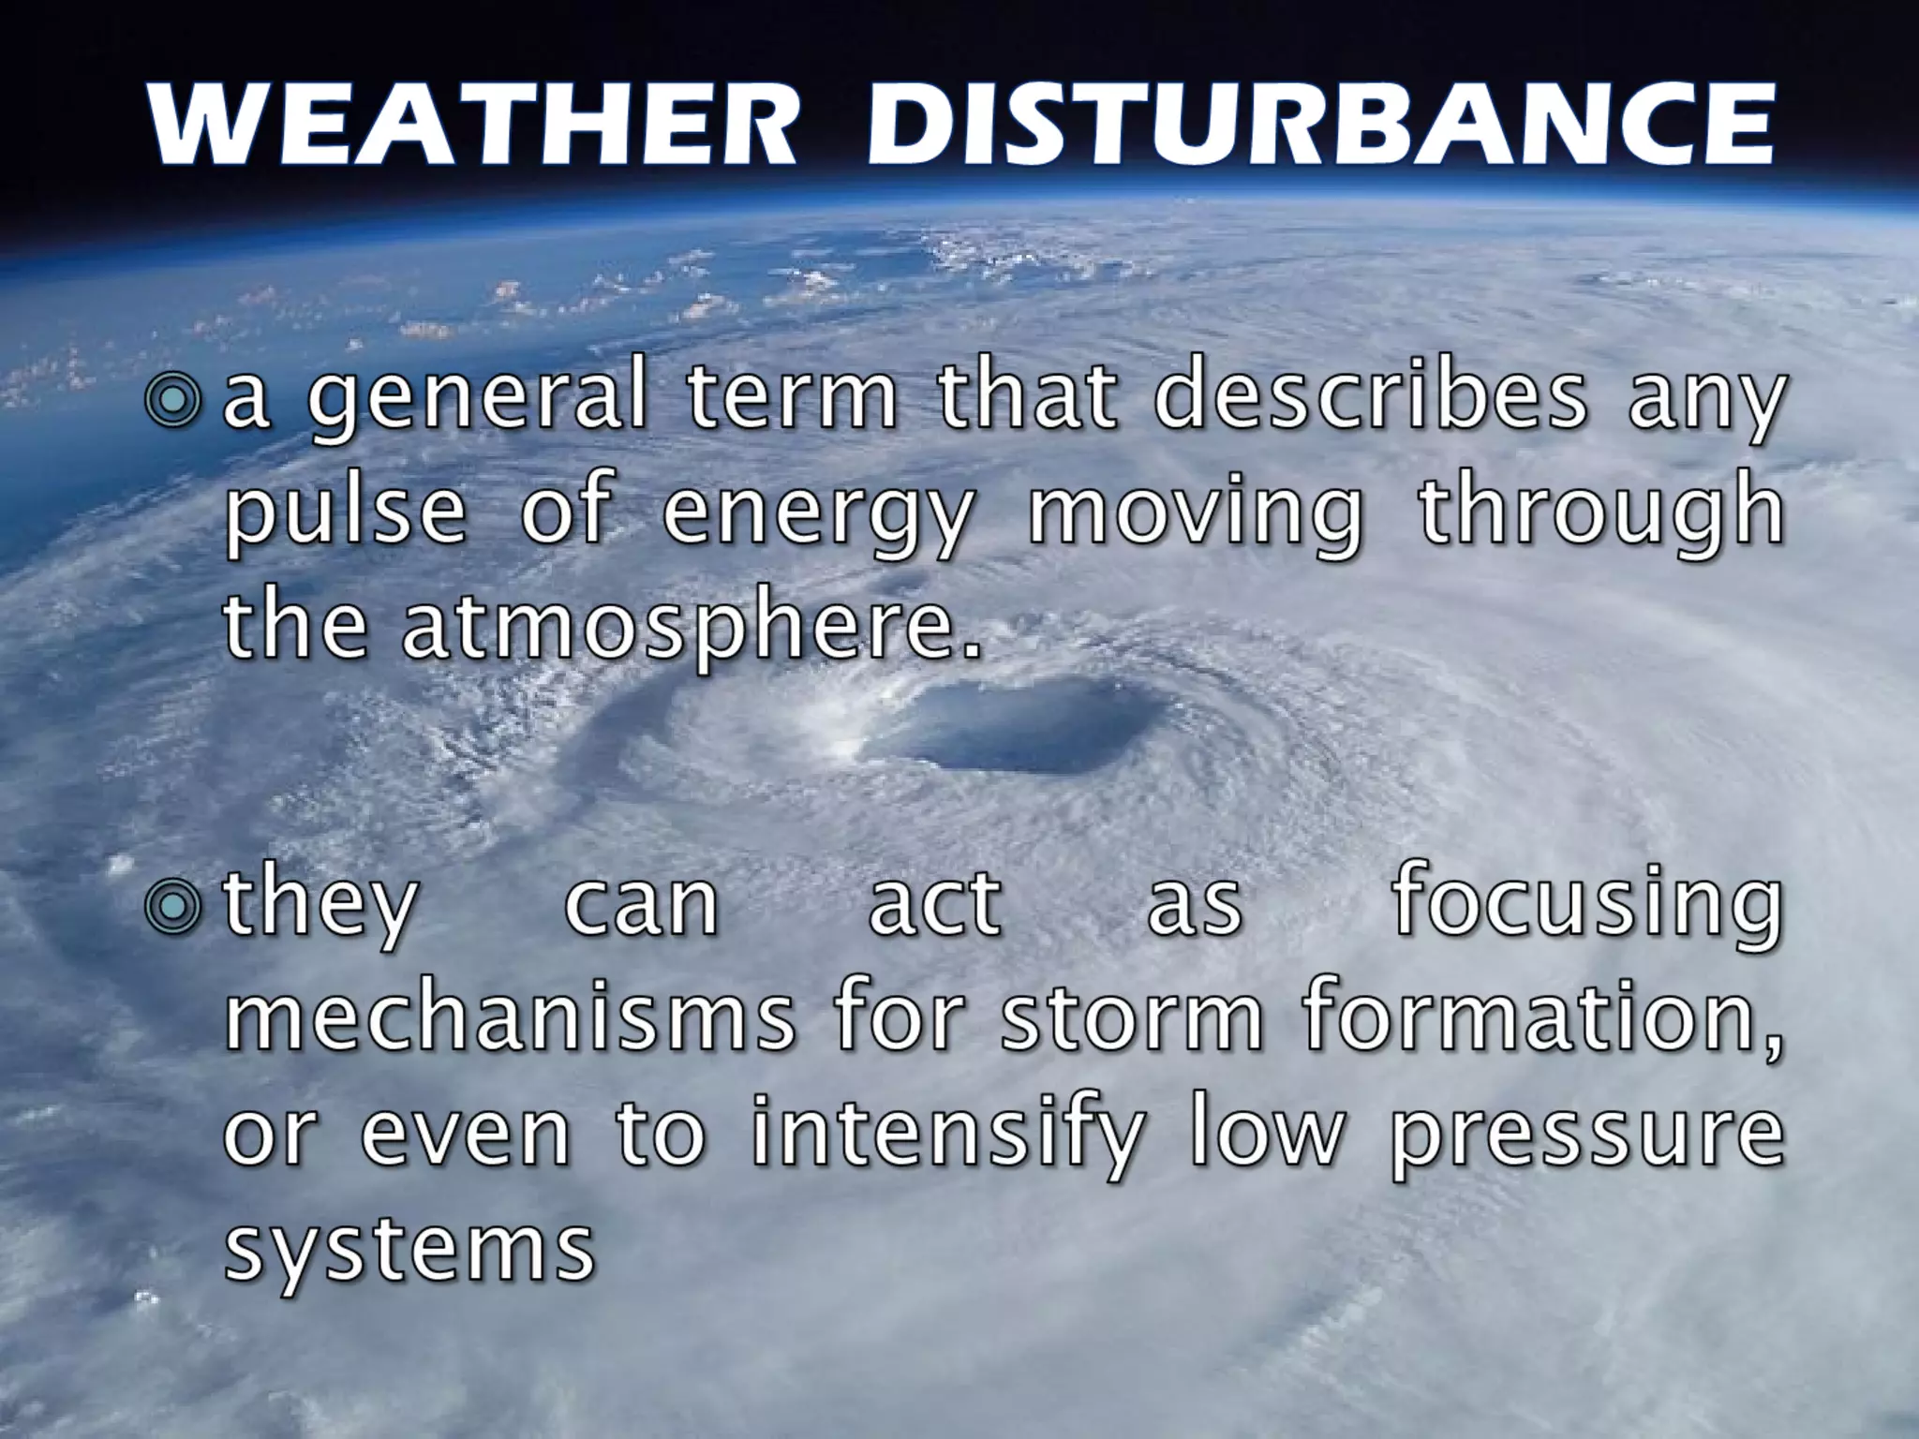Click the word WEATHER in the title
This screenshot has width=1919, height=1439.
(472, 126)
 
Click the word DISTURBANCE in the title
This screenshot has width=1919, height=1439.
(1319, 126)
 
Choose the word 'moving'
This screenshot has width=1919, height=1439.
(1196, 517)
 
